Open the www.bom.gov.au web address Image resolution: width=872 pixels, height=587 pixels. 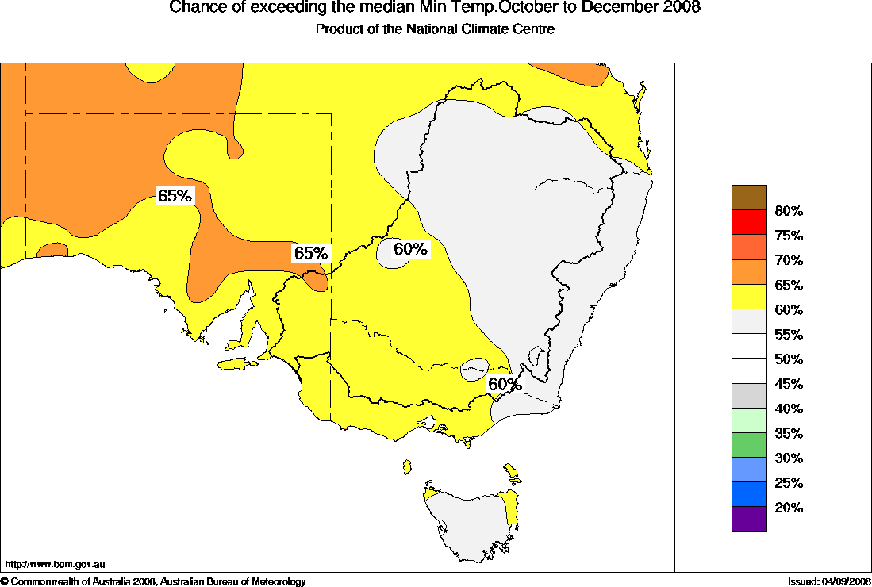(55, 565)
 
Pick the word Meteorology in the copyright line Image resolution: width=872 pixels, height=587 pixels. (279, 582)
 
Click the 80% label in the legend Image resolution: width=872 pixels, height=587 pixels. (789, 211)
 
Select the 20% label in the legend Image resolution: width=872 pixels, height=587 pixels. (789, 508)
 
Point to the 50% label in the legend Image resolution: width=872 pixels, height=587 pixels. (789, 359)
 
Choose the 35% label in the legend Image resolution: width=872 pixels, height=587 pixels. (789, 434)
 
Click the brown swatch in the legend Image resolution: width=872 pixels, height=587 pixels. (749, 198)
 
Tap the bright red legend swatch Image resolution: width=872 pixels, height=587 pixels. (749, 222)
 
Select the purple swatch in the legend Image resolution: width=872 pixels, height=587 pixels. (749, 519)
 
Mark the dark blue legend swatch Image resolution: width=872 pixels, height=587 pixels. (749, 494)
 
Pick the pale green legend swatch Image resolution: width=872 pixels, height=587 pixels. (749, 420)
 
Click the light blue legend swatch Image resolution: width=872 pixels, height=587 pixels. (749, 470)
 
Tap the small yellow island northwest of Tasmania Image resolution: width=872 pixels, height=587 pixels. (407, 466)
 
